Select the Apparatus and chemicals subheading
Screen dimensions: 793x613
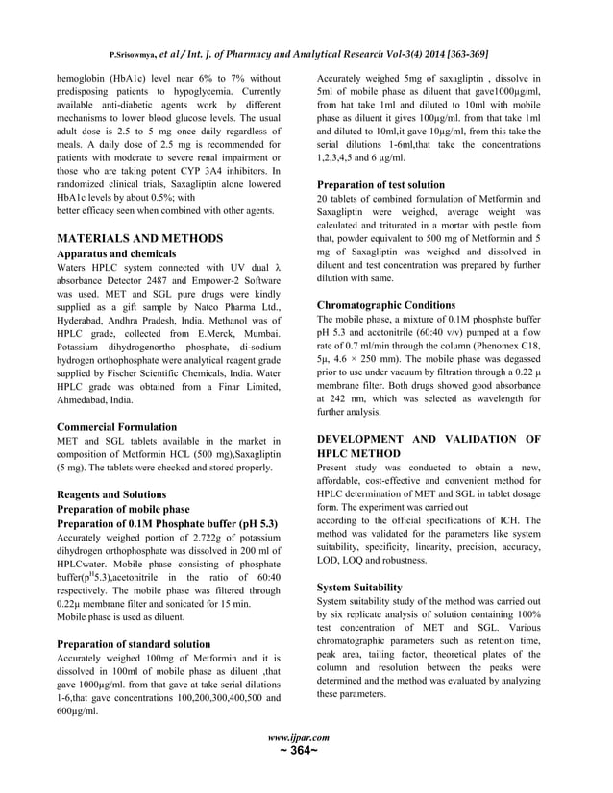[x=119, y=255]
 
